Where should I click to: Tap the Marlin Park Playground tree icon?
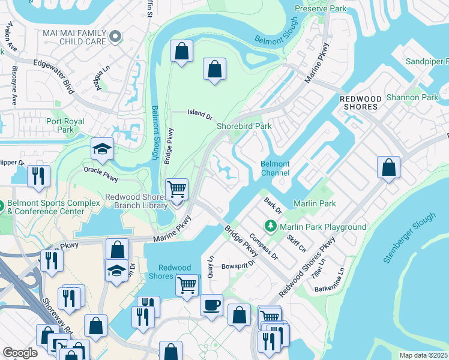click(271, 226)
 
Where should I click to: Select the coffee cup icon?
click(211, 304)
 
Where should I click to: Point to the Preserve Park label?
click(321, 9)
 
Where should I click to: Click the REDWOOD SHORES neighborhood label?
click(358, 103)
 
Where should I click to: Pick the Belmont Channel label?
click(275, 169)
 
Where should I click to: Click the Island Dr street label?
click(200, 113)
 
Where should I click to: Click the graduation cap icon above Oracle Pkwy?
click(102, 149)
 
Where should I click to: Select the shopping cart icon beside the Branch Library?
click(176, 190)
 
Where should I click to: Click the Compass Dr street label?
click(264, 247)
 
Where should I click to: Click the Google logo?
click(20, 353)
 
